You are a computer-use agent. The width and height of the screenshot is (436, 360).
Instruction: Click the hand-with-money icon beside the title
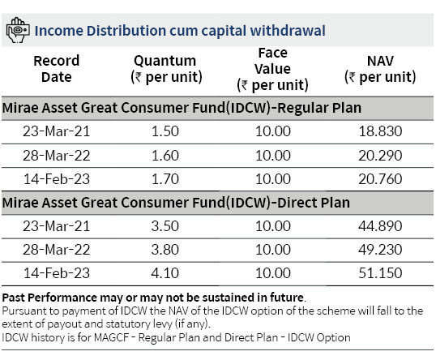point(18,30)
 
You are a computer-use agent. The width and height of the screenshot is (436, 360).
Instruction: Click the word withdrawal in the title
point(288,30)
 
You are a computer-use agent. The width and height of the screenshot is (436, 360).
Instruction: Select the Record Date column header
point(57,69)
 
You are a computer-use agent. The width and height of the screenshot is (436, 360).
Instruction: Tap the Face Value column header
point(273,69)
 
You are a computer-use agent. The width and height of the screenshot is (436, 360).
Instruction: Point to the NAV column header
point(380,69)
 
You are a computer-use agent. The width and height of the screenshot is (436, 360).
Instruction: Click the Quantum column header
point(165,69)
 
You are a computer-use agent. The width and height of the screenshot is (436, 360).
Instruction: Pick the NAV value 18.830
point(380,131)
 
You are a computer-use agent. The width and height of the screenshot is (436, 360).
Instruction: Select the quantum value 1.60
point(165,156)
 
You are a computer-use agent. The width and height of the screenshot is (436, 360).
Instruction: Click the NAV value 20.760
point(380,179)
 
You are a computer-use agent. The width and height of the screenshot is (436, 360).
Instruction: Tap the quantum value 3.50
point(165,226)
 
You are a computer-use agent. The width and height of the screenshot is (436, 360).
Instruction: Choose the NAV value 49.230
point(380,250)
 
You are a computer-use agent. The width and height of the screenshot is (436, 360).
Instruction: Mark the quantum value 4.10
point(165,273)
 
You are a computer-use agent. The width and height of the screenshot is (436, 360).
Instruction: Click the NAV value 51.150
point(380,273)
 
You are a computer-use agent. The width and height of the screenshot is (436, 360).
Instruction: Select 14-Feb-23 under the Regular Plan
point(57,179)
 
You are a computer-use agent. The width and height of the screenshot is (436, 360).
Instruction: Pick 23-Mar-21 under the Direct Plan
point(57,226)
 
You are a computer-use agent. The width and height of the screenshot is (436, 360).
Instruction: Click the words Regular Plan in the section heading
point(319,108)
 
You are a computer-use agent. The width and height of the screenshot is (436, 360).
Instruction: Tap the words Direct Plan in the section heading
point(314,203)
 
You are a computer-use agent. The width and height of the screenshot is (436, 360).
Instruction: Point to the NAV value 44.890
point(380,226)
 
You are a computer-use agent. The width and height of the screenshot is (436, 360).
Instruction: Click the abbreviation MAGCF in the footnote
point(112,337)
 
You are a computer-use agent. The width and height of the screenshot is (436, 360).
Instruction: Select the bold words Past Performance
point(49,298)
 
